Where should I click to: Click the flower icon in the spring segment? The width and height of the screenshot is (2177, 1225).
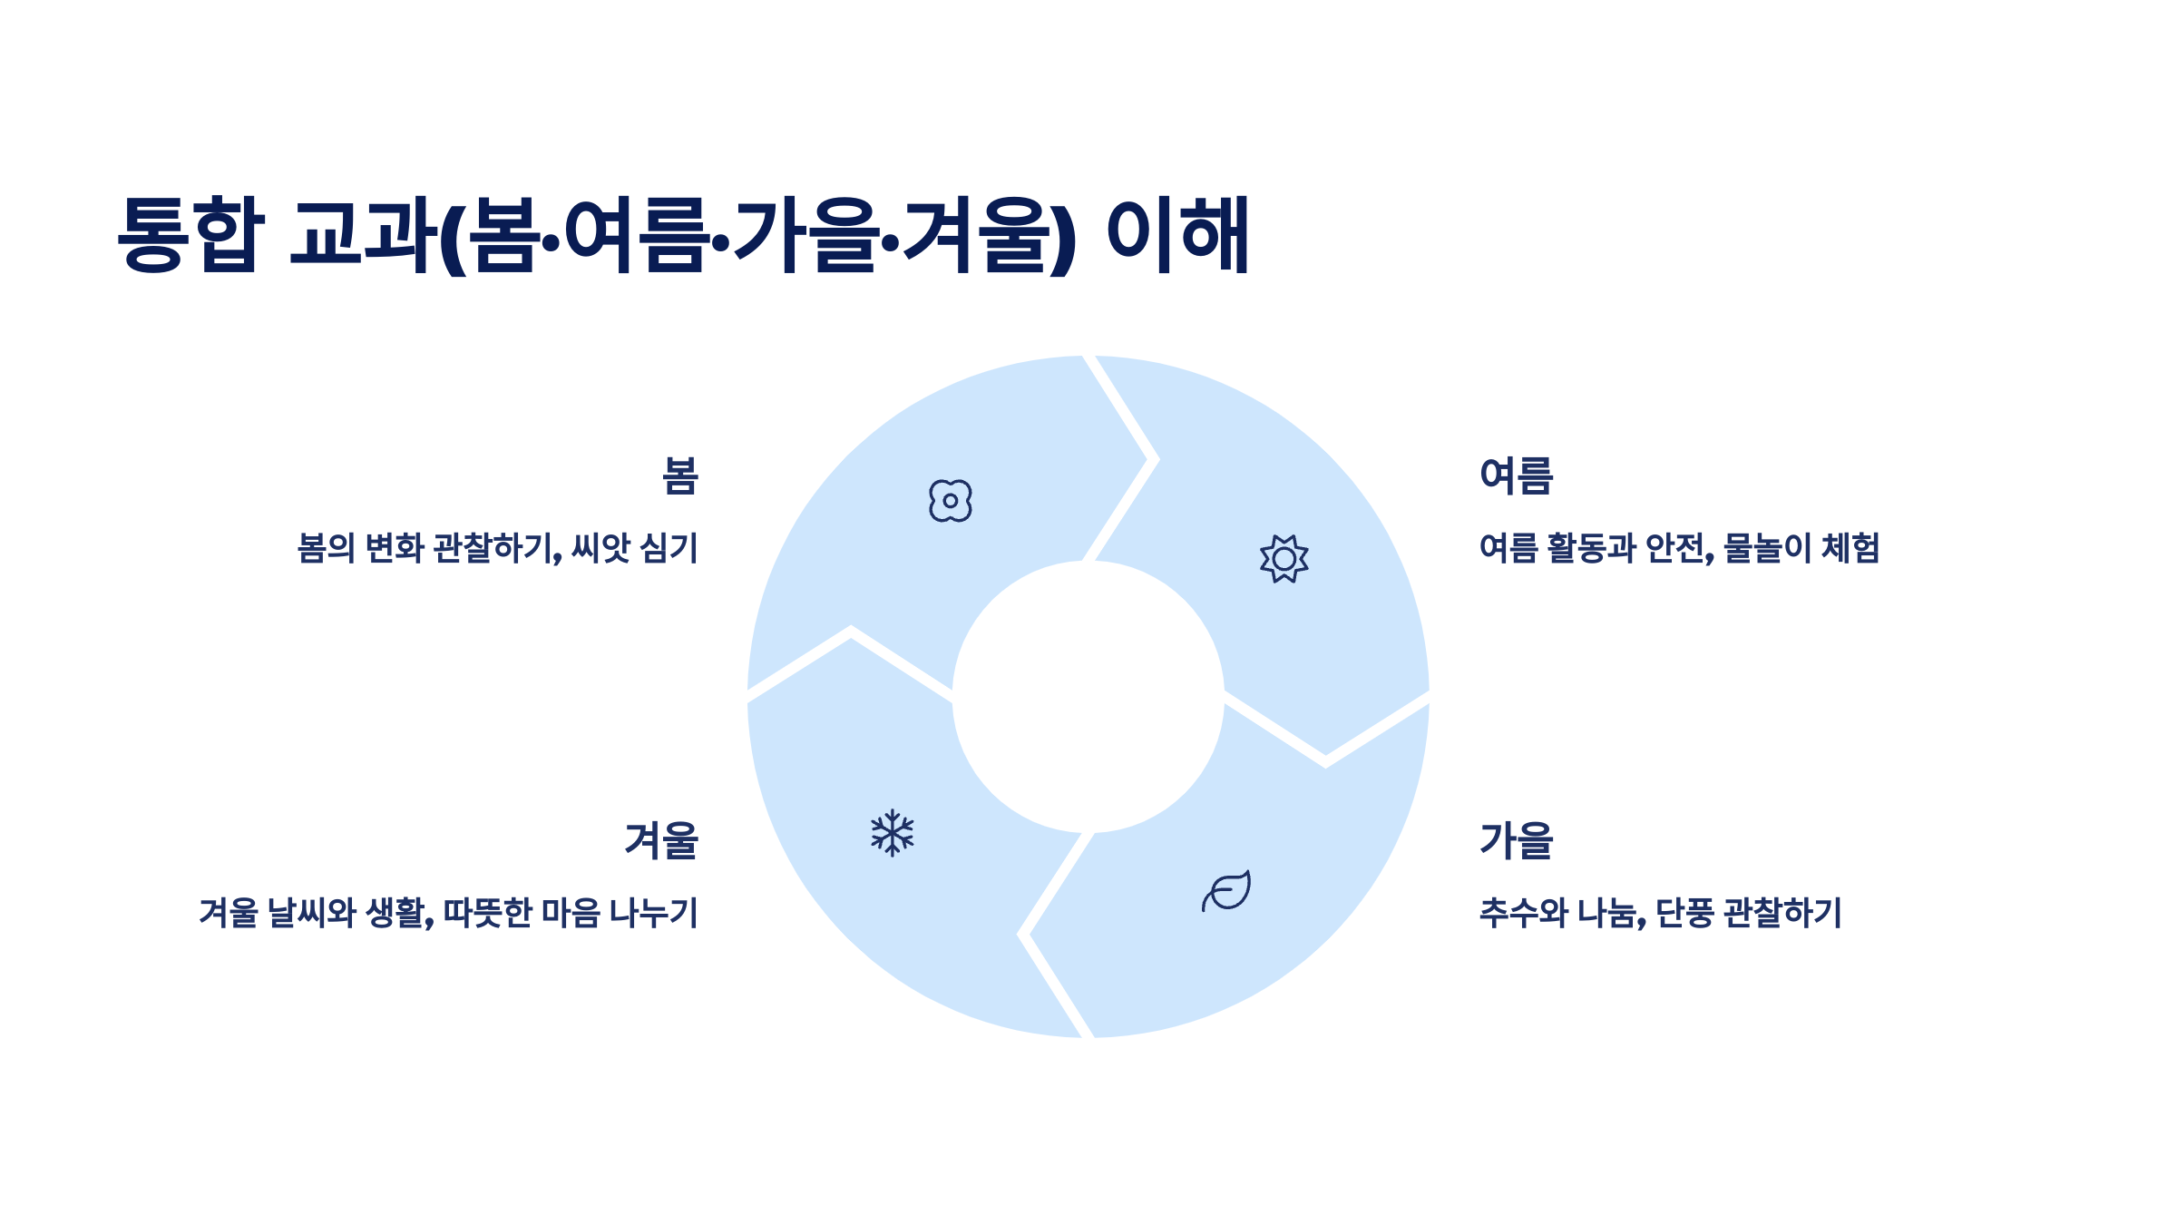click(950, 501)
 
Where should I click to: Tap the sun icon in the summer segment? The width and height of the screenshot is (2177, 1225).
click(1284, 559)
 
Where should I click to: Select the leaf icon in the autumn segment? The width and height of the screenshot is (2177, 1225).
click(1226, 891)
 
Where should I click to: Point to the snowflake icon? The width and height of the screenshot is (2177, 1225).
click(893, 833)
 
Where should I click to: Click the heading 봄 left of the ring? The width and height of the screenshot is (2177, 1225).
click(679, 476)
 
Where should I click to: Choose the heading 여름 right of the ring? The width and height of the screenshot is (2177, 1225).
click(1516, 476)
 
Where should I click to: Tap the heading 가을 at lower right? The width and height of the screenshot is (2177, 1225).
click(1516, 840)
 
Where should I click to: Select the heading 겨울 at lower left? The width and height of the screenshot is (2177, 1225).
click(661, 840)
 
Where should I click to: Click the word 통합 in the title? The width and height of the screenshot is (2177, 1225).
click(190, 234)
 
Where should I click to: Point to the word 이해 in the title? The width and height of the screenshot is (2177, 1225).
click(1178, 234)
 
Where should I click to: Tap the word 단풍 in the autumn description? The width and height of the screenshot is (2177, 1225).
click(1684, 913)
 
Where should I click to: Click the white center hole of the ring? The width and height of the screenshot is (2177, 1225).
click(1088, 697)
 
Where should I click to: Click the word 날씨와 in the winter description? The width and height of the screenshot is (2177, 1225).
click(311, 913)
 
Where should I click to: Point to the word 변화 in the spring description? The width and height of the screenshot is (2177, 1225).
click(395, 548)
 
